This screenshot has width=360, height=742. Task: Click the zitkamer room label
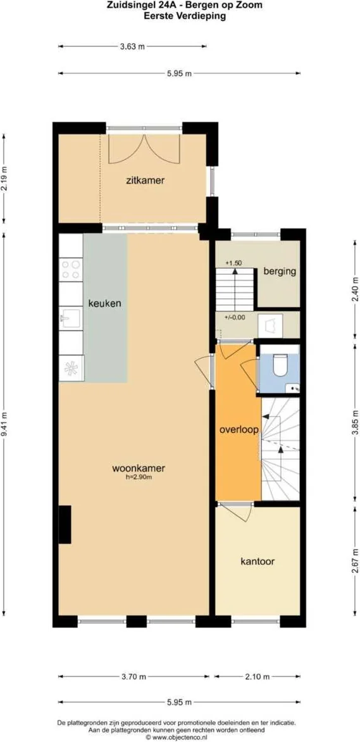tap(145, 180)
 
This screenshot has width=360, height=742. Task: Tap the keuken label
tap(104, 303)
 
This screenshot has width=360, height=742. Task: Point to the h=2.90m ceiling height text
tap(139, 477)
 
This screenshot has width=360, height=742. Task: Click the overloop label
tap(239, 429)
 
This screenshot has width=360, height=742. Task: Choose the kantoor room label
tap(258, 561)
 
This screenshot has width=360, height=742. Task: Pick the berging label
tap(280, 271)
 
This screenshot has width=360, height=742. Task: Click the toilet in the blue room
tap(278, 364)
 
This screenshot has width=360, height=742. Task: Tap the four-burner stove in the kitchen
tap(71, 270)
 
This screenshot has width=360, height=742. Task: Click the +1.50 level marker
tap(233, 263)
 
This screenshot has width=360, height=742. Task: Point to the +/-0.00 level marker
tap(235, 318)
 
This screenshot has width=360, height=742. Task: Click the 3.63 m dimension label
tap(132, 46)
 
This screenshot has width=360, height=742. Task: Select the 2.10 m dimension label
tap(257, 677)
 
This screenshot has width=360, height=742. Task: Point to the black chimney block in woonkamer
tap(65, 524)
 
